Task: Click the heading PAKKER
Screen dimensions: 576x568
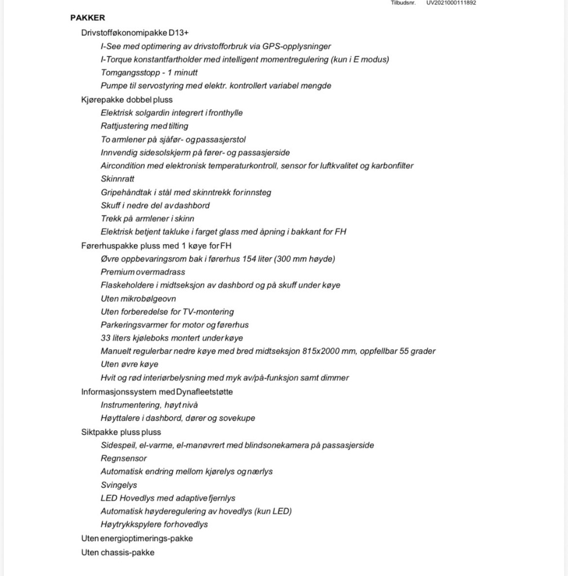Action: click(87, 18)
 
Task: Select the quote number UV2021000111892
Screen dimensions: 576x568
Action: click(451, 2)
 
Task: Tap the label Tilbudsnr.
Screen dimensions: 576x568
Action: click(402, 2)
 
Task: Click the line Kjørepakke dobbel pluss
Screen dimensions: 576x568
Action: click(127, 100)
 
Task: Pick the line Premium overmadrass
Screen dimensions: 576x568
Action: click(143, 272)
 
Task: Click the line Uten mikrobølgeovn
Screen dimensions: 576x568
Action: click(138, 299)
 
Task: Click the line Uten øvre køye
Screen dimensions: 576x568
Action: click(129, 364)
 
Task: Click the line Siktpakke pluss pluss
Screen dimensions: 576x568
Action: click(121, 432)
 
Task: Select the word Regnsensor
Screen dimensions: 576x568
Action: click(124, 458)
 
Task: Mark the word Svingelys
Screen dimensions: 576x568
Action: click(119, 485)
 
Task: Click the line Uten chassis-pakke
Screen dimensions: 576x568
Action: click(118, 552)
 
